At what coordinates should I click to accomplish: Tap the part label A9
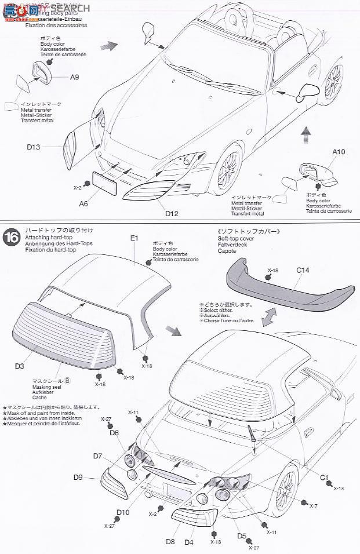click(x=75, y=77)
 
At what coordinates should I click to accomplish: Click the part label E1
click(x=134, y=238)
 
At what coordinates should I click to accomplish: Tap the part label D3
click(x=19, y=366)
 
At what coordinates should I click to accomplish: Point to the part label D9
click(x=78, y=477)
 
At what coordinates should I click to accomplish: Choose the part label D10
click(x=122, y=512)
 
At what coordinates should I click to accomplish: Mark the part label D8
click(x=170, y=542)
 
